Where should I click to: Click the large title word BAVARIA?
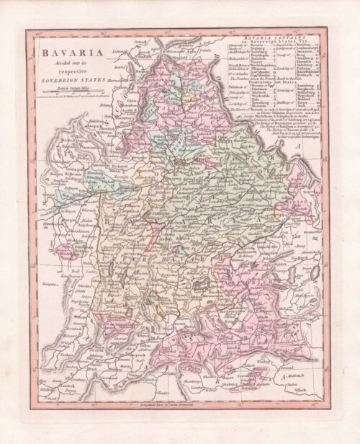(x=68, y=53)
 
